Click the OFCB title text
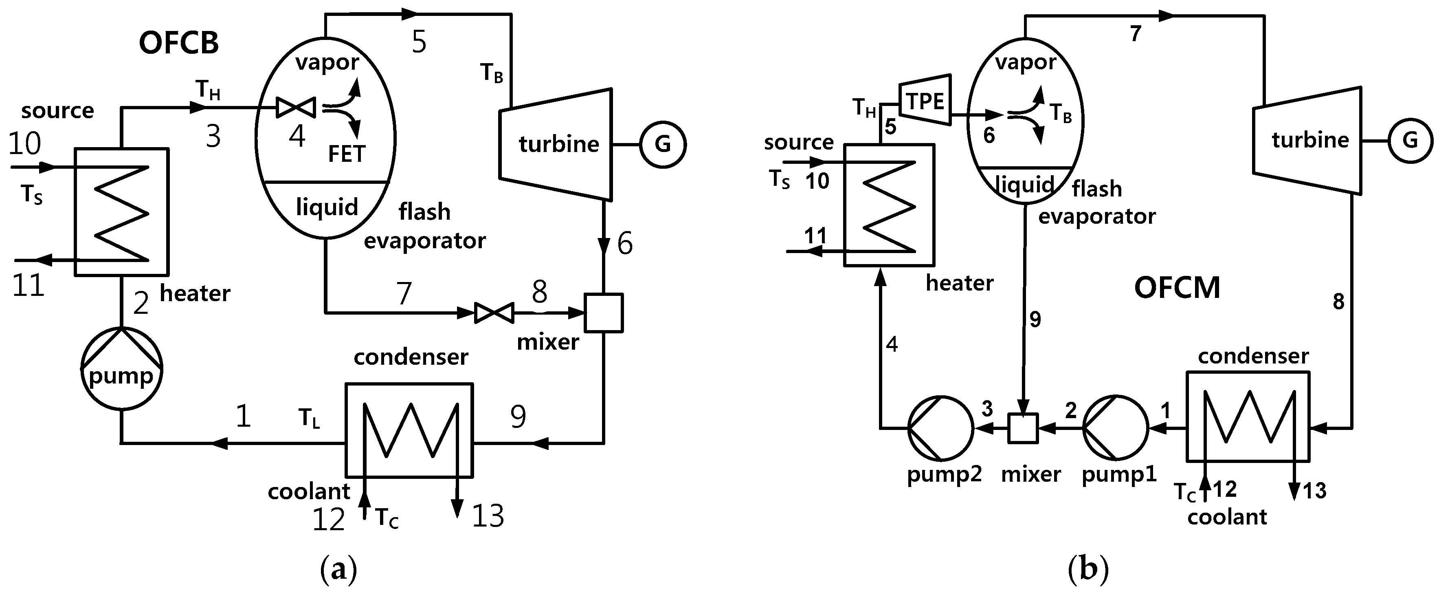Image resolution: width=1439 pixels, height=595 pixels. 178,43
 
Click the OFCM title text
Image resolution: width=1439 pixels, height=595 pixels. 1177,288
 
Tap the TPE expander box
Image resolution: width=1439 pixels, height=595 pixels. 925,101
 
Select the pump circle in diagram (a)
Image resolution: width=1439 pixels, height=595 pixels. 122,369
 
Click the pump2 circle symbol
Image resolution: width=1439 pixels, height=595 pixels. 941,428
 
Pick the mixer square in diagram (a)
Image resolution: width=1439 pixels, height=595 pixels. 603,313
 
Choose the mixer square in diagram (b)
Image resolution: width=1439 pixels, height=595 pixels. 1023,428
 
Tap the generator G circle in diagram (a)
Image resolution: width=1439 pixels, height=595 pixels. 663,144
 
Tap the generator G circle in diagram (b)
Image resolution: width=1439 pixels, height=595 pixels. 1410,140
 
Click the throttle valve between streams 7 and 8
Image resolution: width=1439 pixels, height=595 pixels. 494,313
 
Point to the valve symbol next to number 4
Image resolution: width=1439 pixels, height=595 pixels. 297,107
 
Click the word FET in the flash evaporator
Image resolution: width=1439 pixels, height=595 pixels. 346,154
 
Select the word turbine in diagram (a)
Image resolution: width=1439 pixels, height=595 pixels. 559,144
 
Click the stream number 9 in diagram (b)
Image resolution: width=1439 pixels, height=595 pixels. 1035,320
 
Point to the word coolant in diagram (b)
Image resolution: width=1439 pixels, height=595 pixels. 1227,517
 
